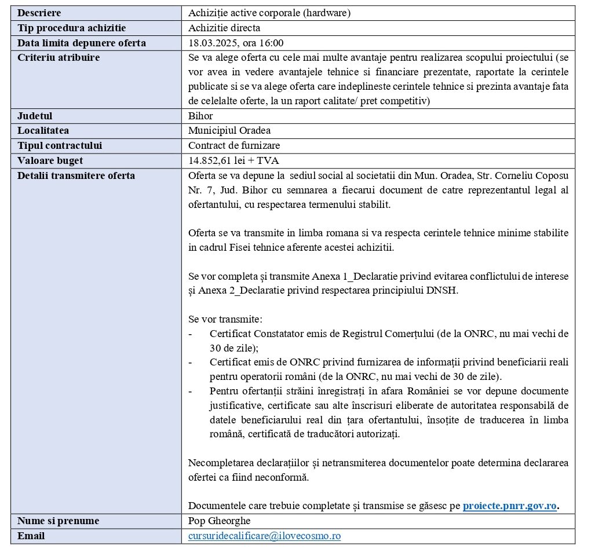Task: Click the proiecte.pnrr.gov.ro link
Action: pos(509,506)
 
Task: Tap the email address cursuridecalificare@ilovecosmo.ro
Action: pos(264,536)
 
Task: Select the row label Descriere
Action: pos(39,13)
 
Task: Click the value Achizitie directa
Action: pos(224,28)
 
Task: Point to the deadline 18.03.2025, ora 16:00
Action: pos(236,43)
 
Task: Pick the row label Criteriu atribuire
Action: pos(59,57)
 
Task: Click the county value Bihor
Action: pos(200,116)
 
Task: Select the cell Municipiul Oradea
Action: pos(229,130)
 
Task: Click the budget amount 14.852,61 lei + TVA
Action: pos(234,160)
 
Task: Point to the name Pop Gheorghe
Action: pos(216,521)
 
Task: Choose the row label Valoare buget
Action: pos(50,160)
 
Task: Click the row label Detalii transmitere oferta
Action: pos(76,175)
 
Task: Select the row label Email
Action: pos(31,536)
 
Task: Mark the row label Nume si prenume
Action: pos(58,521)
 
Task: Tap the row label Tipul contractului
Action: pos(60,145)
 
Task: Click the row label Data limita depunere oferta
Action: pos(82,43)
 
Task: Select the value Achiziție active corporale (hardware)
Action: pos(269,13)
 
